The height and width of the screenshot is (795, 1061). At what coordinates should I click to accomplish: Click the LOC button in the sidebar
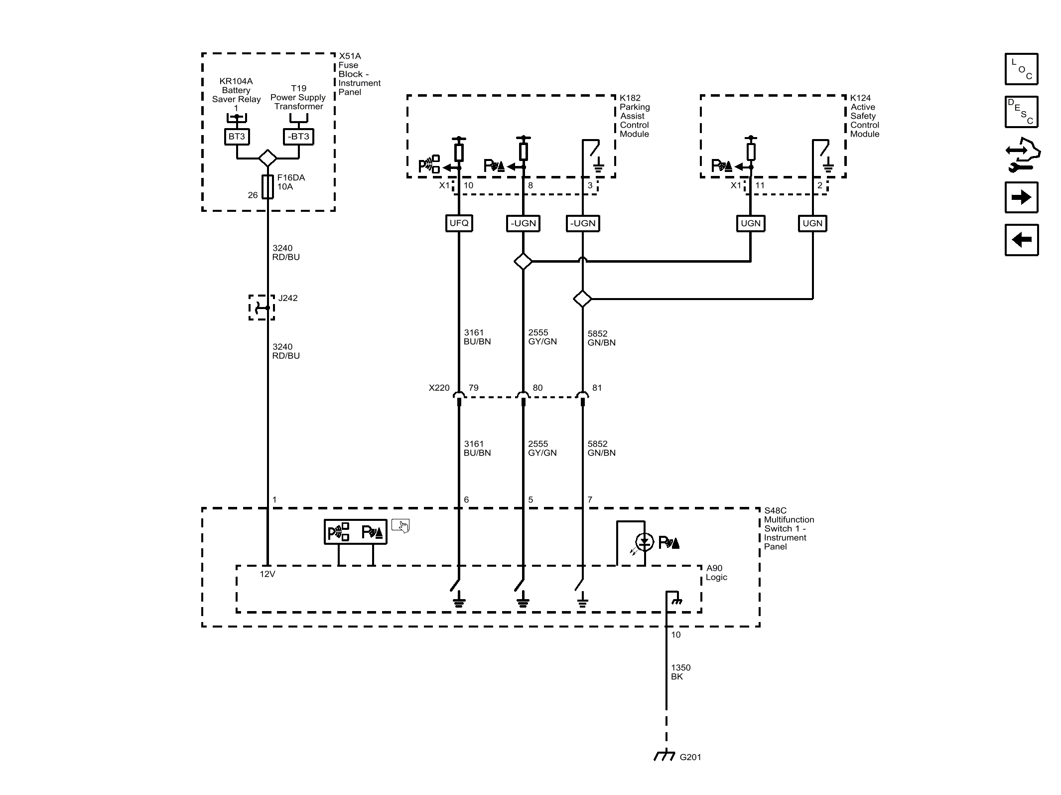[x=1021, y=69]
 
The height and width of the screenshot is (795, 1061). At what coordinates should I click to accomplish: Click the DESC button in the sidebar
[x=1021, y=112]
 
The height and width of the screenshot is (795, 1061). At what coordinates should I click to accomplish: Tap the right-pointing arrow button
[x=1021, y=197]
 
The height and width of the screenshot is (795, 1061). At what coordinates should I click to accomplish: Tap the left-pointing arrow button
[x=1021, y=240]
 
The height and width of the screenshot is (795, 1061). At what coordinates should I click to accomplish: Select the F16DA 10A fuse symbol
[x=267, y=187]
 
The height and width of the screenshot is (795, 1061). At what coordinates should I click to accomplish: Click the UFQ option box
[x=459, y=223]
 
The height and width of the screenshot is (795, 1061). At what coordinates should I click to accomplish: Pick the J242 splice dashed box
[x=262, y=308]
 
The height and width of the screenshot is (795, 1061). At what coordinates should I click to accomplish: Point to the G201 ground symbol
[x=664, y=757]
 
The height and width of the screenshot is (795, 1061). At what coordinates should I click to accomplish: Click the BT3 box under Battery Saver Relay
[x=237, y=137]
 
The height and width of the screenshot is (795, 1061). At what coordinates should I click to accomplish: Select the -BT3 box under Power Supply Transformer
[x=298, y=137]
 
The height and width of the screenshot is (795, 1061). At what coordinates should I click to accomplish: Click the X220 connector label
[x=439, y=388]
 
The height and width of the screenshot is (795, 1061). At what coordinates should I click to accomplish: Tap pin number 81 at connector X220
[x=597, y=388]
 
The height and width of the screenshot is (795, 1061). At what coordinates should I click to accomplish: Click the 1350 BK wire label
[x=680, y=672]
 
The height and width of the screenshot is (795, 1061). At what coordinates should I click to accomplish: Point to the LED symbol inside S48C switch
[x=645, y=542]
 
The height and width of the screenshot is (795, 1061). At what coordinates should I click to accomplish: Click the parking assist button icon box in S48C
[x=355, y=532]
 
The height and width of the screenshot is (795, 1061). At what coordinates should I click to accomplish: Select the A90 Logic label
[x=716, y=573]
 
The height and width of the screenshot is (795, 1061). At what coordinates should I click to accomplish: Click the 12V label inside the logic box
[x=267, y=574]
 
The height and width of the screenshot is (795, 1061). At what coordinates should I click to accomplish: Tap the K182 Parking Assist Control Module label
[x=634, y=116]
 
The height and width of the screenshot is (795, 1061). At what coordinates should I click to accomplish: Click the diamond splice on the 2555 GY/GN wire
[x=523, y=261]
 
